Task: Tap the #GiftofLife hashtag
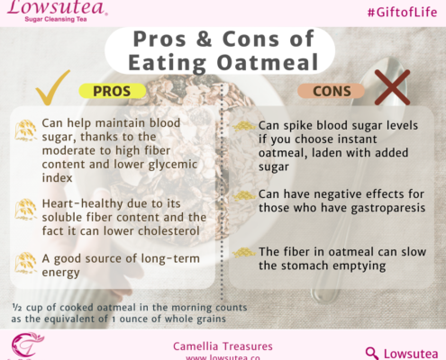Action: pos(402,13)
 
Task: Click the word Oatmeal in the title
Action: pos(268,62)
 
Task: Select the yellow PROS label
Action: pos(112,91)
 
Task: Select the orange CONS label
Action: pos(332,91)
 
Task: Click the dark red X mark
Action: pos(392,87)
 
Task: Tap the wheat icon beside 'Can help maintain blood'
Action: pos(25,130)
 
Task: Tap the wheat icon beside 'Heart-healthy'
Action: pos(25,209)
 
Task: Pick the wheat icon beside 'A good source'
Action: pos(25,263)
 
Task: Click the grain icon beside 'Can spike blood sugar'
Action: pos(244,126)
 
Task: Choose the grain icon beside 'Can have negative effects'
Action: pos(244,196)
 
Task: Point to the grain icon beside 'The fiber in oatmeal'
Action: pos(244,252)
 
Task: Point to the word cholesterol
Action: pos(168,231)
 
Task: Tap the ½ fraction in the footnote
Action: pos(17,307)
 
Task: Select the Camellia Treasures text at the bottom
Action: pos(223,346)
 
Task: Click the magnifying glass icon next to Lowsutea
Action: pos(371,353)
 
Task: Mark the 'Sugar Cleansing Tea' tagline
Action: pos(56,20)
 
